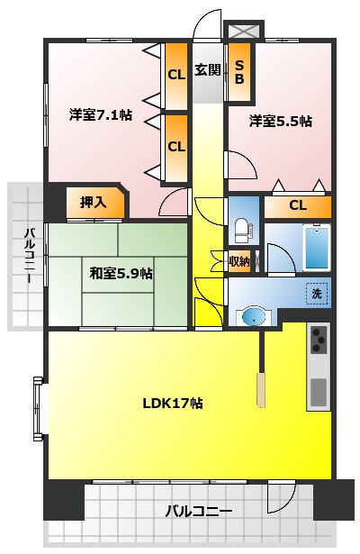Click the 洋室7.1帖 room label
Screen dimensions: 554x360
101,115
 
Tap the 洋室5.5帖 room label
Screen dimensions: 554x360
280,121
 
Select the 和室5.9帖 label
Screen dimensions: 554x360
121,273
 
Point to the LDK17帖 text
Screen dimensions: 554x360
172,403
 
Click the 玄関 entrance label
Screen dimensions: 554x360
207,70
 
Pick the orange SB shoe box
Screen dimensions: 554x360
239,71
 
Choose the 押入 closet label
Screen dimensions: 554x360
93,202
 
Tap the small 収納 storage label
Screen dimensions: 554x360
238,262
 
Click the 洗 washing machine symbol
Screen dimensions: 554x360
316,293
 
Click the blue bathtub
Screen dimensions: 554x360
315,247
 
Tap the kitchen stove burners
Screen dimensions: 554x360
319,340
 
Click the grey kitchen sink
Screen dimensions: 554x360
319,392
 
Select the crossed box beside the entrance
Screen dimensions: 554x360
243,31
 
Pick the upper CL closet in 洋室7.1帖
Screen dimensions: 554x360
175,75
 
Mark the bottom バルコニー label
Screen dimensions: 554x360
198,511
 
